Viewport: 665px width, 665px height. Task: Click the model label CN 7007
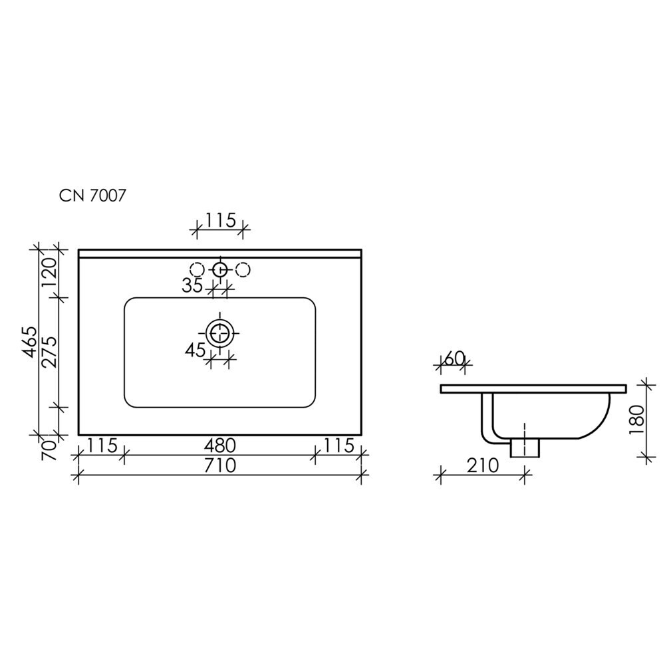click(92, 196)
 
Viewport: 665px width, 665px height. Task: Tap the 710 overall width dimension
click(219, 465)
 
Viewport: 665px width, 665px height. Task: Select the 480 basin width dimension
click(219, 446)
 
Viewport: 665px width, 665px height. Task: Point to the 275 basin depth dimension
click(49, 352)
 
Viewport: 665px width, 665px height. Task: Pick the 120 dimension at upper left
click(49, 271)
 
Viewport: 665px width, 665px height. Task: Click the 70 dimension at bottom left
click(49, 450)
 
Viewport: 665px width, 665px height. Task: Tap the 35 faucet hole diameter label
click(193, 286)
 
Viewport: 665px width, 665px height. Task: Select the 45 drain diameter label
click(195, 350)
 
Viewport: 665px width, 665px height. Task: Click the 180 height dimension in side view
click(637, 420)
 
